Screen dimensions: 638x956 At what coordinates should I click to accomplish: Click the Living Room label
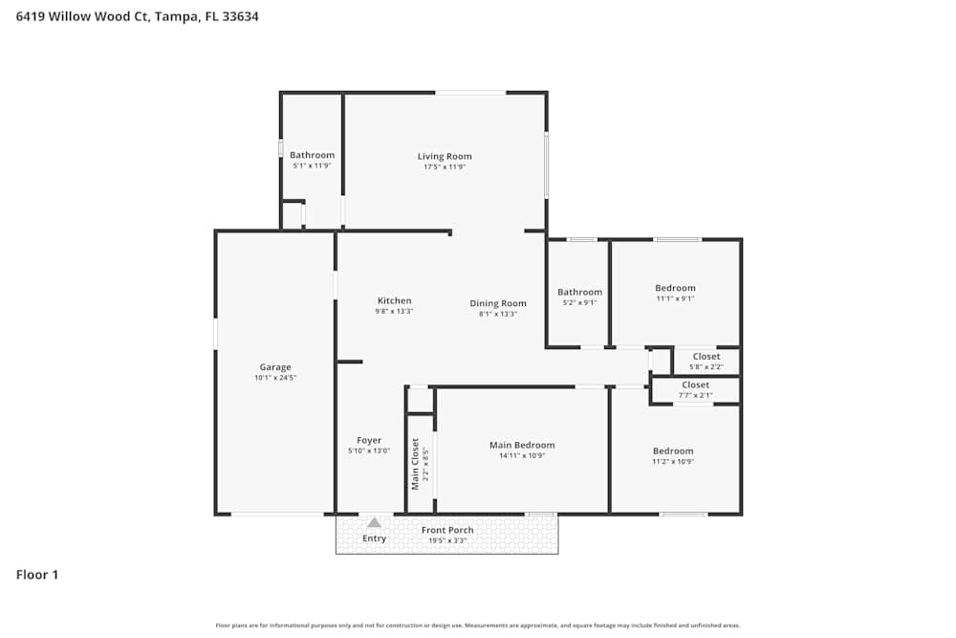[x=445, y=156]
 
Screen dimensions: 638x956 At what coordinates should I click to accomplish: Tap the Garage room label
[x=275, y=367]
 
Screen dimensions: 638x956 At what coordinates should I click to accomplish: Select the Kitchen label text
[x=394, y=300]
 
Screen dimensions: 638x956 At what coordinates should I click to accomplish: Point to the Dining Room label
[x=498, y=303]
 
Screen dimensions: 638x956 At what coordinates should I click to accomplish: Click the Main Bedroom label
[x=522, y=445]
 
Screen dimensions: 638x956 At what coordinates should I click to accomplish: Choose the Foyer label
[x=369, y=440]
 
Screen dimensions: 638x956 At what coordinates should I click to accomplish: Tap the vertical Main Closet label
[x=415, y=464]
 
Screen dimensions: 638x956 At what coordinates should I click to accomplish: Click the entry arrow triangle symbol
[x=374, y=522]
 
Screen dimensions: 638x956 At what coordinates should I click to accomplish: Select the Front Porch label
[x=447, y=530]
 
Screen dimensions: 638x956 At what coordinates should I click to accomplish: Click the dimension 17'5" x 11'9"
[x=445, y=166]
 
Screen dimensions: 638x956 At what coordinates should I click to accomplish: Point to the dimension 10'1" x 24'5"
[x=275, y=378]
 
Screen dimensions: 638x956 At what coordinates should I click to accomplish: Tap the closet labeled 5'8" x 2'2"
[x=706, y=362]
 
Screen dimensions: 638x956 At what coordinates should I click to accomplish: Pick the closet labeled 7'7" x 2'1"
[x=695, y=389]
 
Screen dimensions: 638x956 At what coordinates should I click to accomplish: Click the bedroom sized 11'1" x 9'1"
[x=675, y=293]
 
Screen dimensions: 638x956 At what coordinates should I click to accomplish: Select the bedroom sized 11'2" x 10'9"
[x=673, y=455]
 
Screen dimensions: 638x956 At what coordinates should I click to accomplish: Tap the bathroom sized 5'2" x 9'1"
[x=580, y=297]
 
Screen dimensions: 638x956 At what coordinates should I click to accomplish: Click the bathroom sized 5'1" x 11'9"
[x=312, y=160]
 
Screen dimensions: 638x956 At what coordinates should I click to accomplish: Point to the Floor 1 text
[x=37, y=575]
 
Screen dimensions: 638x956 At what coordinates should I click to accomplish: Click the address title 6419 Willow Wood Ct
[x=137, y=16]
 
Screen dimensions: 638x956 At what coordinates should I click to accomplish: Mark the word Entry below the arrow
[x=375, y=539]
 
